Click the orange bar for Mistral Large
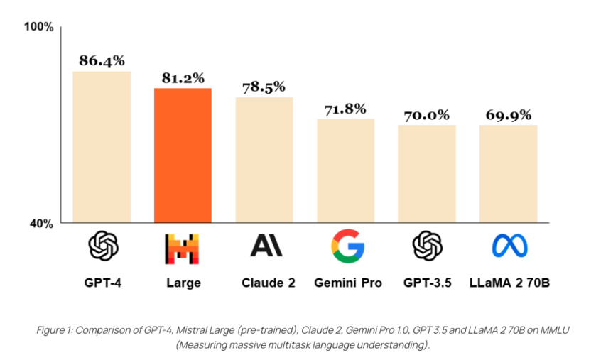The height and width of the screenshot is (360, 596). click(183, 155)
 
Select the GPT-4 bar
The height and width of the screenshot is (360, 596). click(102, 146)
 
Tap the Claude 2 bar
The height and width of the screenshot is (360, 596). click(264, 159)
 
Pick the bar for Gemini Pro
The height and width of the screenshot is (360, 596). click(345, 170)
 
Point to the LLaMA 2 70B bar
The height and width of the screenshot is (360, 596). click(508, 173)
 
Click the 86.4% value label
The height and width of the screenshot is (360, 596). click(102, 61)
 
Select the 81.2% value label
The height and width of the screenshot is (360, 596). click(183, 77)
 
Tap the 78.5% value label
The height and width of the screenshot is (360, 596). click(264, 87)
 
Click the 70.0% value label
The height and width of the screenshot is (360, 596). click(427, 115)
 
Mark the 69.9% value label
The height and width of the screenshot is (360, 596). click(508, 115)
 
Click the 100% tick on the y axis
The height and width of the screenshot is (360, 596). click(39, 27)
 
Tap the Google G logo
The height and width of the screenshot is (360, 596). click(347, 246)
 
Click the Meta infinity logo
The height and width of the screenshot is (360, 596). click(510, 246)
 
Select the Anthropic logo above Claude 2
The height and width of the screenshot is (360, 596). click(266, 246)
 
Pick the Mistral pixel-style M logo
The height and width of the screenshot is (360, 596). click(183, 248)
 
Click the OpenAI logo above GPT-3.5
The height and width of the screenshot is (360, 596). click(428, 246)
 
